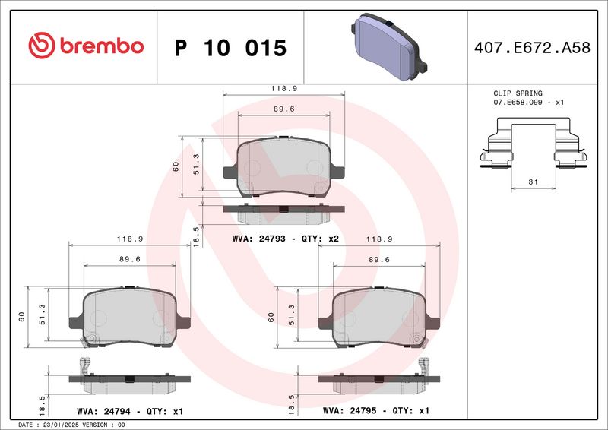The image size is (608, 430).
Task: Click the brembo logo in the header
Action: point(86,46)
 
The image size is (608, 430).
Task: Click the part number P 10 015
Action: point(230,48)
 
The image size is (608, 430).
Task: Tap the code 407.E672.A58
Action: point(532,48)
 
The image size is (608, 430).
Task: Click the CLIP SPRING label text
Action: point(518,93)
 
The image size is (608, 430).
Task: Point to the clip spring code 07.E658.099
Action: point(518,103)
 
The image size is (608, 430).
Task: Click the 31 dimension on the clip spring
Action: point(534,182)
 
